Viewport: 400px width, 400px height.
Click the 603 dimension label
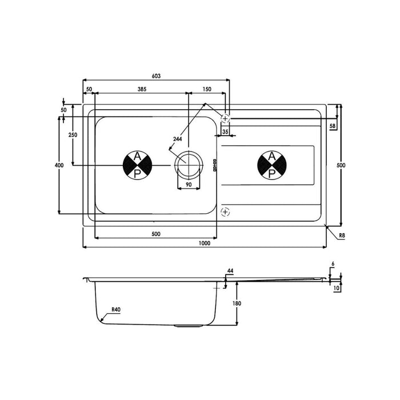click(156, 75)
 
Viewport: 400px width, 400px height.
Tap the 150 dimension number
click(207, 89)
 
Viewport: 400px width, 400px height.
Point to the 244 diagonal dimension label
click(177, 139)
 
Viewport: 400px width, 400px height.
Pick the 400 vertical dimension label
click(58, 165)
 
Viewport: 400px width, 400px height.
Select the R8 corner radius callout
click(341, 235)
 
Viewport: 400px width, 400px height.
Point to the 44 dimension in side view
click(230, 270)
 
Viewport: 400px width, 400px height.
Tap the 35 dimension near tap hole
click(225, 132)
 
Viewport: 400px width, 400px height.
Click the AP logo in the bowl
click(137, 165)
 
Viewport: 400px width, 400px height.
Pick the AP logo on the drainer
click(272, 165)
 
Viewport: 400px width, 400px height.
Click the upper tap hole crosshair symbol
click(225, 118)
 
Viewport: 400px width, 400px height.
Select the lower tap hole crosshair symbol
click(225, 212)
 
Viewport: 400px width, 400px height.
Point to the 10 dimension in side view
click(337, 289)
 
